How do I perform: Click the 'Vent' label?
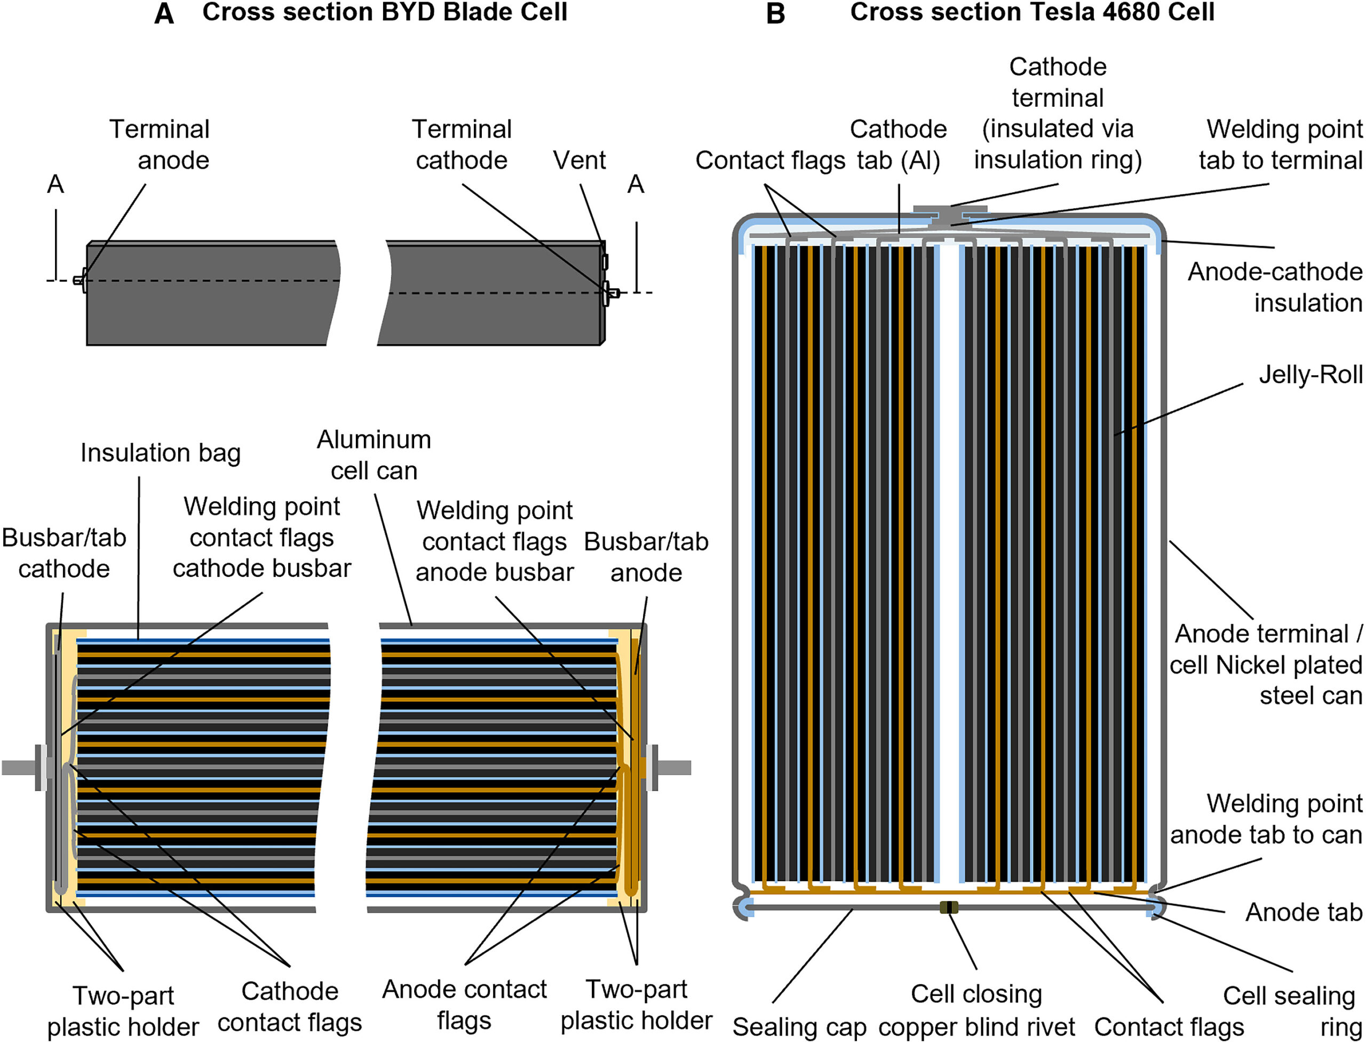pyautogui.click(x=578, y=161)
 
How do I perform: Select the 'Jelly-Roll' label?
pyautogui.click(x=1310, y=375)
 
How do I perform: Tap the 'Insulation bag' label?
pyautogui.click(x=160, y=453)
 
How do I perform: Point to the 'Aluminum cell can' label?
pyautogui.click(x=374, y=456)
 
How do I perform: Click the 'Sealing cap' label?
pyautogui.click(x=799, y=1027)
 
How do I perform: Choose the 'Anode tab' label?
pyautogui.click(x=1304, y=913)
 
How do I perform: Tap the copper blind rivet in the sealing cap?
pyautogui.click(x=949, y=907)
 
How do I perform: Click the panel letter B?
pyautogui.click(x=776, y=14)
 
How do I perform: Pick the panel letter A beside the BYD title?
pyautogui.click(x=164, y=14)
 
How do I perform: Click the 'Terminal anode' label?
pyautogui.click(x=160, y=145)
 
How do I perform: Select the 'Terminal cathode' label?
pyautogui.click(x=462, y=145)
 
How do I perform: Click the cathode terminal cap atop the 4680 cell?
pyautogui.click(x=950, y=209)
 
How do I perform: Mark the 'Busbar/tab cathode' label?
pyautogui.click(x=64, y=553)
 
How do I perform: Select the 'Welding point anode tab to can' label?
pyautogui.click(x=1266, y=819)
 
